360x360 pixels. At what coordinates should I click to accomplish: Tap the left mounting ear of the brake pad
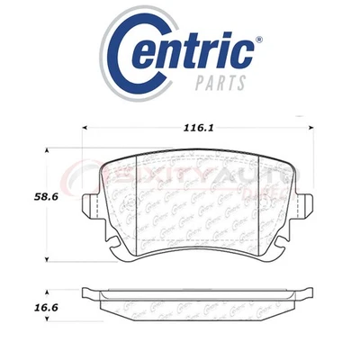click(91, 207)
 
